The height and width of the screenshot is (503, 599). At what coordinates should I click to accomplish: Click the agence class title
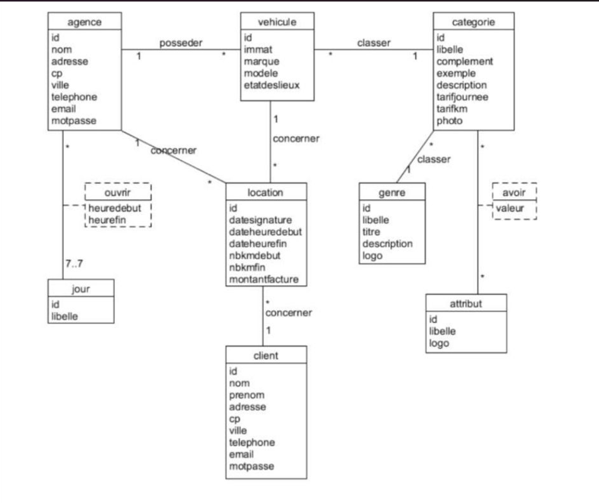coord(84,23)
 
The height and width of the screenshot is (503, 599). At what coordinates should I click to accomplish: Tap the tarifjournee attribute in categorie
coord(462,96)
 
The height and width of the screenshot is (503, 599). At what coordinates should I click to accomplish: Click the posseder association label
coord(181,43)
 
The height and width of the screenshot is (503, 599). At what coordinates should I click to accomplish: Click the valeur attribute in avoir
coord(510,207)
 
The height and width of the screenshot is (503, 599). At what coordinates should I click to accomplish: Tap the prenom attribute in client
coord(247,396)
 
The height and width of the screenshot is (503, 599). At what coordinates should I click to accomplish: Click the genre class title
coord(391,193)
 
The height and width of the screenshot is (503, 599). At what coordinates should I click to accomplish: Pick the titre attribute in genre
coord(372,232)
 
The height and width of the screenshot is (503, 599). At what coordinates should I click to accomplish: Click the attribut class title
coord(466,304)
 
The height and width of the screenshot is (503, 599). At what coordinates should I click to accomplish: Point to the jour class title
coord(81,289)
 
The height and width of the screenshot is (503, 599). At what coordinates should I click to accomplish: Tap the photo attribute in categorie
coord(450,121)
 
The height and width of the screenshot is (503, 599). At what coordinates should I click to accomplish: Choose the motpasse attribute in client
coord(251,467)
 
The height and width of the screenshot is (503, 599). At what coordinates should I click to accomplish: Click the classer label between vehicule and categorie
coord(373,43)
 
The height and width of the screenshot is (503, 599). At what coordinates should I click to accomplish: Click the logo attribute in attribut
coord(440,343)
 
